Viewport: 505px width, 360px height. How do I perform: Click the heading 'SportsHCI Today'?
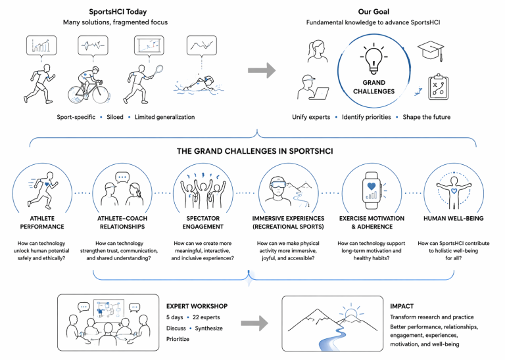point(114,11)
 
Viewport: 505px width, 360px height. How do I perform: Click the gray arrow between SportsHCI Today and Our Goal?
point(262,70)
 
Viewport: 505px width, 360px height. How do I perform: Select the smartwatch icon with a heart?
point(372,189)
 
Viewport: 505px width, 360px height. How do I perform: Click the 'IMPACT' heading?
point(402,306)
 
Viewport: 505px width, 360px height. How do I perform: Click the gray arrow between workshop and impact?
point(256,323)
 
